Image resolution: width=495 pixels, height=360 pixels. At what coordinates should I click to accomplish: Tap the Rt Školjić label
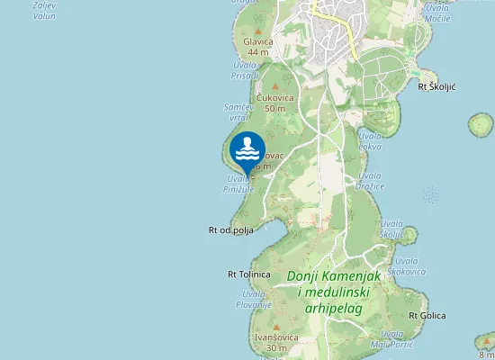point(437,86)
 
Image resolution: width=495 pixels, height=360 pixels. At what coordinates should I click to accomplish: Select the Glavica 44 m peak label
point(258,47)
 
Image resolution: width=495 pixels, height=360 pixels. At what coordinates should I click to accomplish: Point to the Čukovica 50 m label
point(270,103)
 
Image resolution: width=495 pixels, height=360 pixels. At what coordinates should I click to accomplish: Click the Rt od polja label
point(231,230)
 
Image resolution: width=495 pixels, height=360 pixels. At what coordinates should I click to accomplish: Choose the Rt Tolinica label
point(249,274)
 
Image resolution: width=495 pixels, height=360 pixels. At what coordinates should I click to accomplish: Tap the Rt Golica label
point(427,316)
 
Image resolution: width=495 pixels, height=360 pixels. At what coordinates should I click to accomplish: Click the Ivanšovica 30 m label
point(271,342)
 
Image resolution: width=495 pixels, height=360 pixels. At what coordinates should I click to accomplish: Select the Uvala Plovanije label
point(254,300)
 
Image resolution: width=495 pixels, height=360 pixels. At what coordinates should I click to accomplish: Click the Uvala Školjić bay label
point(391,229)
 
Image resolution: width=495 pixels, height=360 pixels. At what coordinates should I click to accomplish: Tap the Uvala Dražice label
point(370,181)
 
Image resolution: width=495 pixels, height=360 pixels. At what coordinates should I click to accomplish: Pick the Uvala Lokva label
point(370,140)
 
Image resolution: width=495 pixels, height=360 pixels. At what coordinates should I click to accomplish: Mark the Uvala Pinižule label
point(239,184)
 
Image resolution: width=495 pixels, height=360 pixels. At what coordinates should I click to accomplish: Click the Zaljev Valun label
point(43,10)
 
